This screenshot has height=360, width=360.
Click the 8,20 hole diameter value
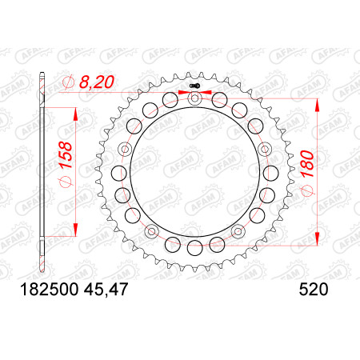[x=97, y=82]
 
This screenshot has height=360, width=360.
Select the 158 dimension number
[x=66, y=155]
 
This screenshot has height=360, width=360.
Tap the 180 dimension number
[x=307, y=164]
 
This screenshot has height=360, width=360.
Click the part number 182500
[x=50, y=290]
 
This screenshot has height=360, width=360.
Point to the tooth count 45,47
[x=106, y=290]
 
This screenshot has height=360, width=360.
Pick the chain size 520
[x=314, y=290]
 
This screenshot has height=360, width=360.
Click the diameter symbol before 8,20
[x=68, y=82]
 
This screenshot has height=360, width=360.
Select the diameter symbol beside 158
[x=66, y=182]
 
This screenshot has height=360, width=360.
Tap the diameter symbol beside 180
[x=307, y=190]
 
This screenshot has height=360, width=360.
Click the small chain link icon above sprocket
[x=194, y=86]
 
